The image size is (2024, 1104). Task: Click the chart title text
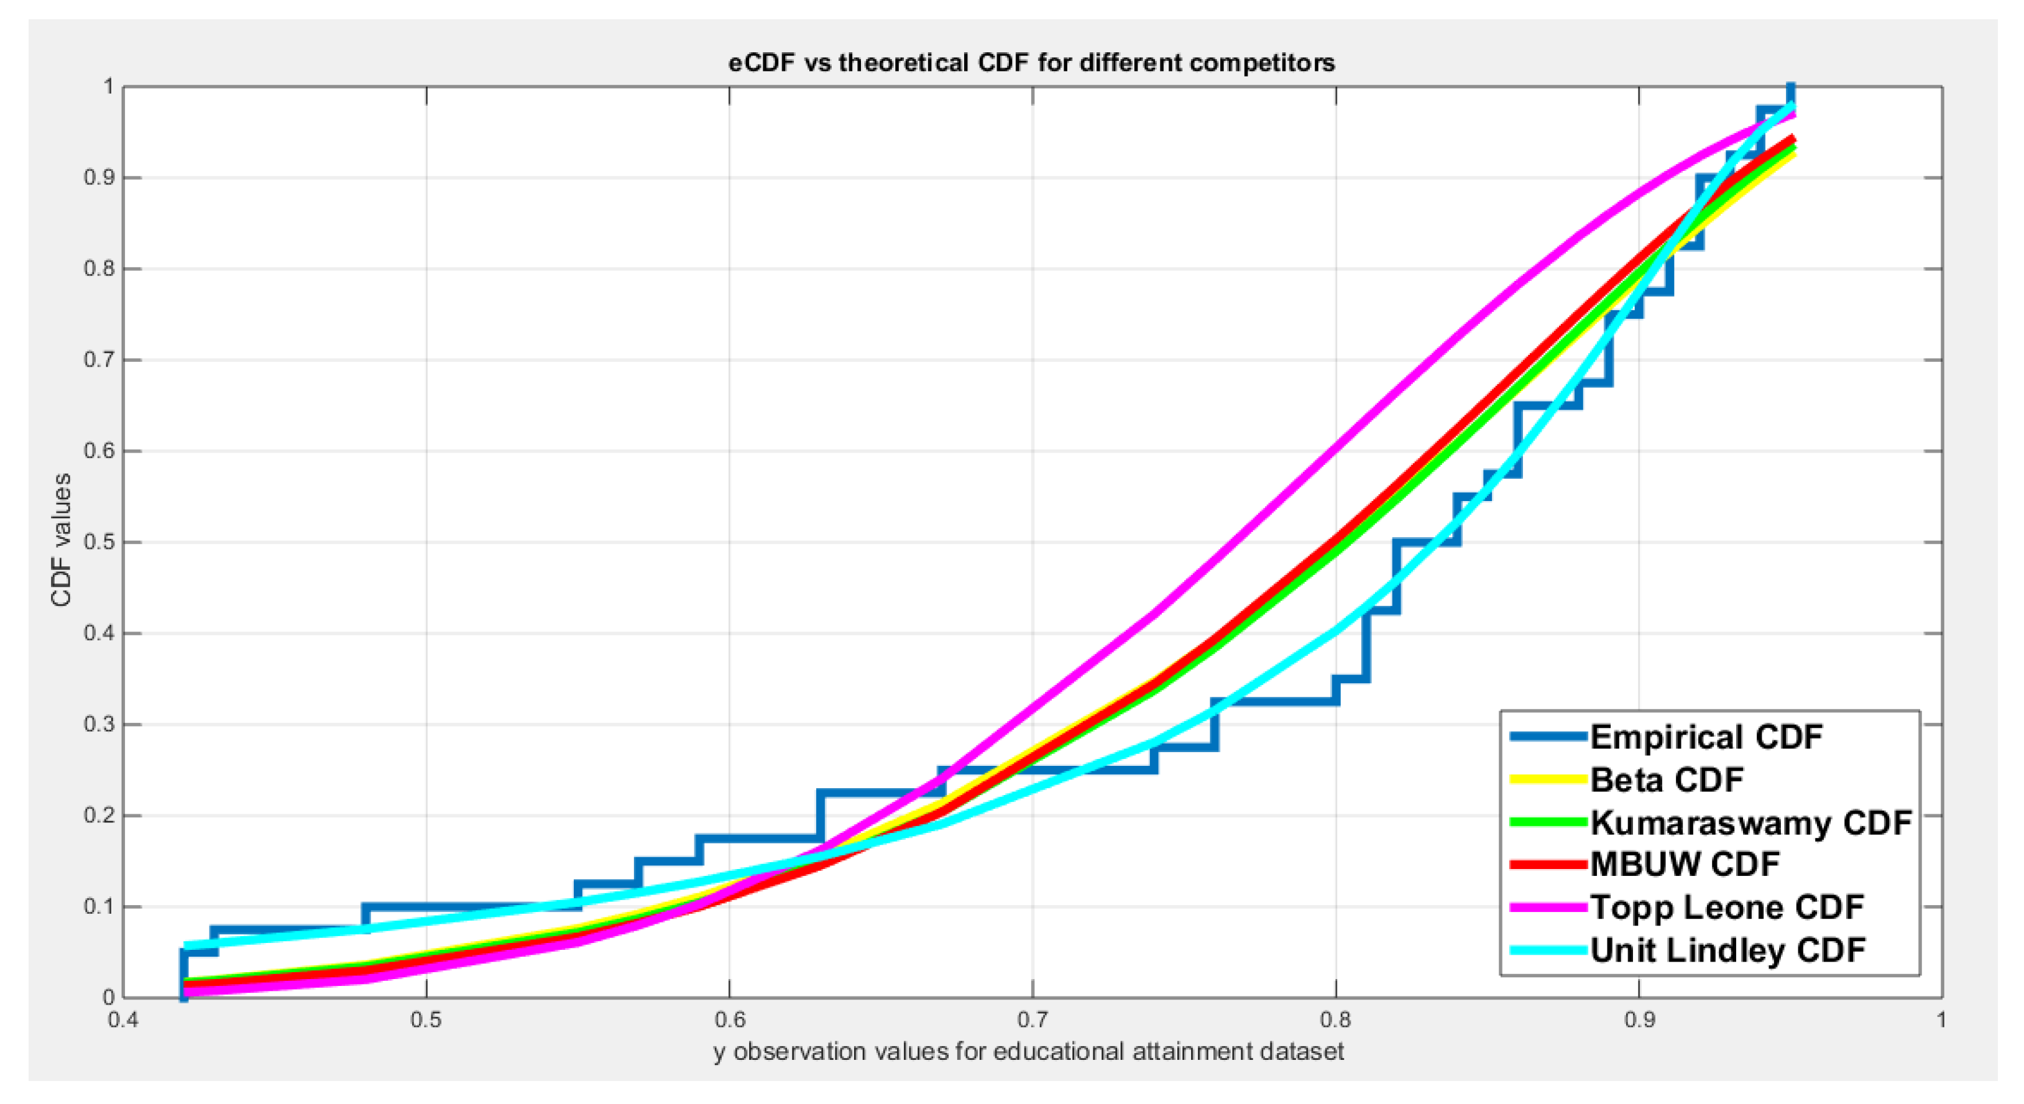coord(1031,62)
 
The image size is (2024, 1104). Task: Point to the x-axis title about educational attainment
coord(1029,1051)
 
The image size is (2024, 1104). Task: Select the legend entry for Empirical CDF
coord(1706,737)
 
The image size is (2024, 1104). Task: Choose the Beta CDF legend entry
coord(1667,780)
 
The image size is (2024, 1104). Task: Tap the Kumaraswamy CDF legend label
coord(1750,822)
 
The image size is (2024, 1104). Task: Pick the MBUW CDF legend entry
coord(1685,864)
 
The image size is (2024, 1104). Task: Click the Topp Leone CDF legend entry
coord(1727,908)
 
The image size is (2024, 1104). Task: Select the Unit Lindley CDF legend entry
coord(1727,951)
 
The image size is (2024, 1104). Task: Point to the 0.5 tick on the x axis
coord(426,1020)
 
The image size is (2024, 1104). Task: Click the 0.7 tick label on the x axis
coord(1033,1020)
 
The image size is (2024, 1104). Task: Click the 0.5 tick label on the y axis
coord(99,542)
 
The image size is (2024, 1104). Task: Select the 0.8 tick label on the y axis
coord(99,269)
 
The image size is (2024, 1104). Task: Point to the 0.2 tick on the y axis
coord(99,816)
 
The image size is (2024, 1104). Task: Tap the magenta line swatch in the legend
coord(1548,908)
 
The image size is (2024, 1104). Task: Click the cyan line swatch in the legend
coord(1548,951)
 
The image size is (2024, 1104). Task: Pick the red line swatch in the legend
coord(1548,864)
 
